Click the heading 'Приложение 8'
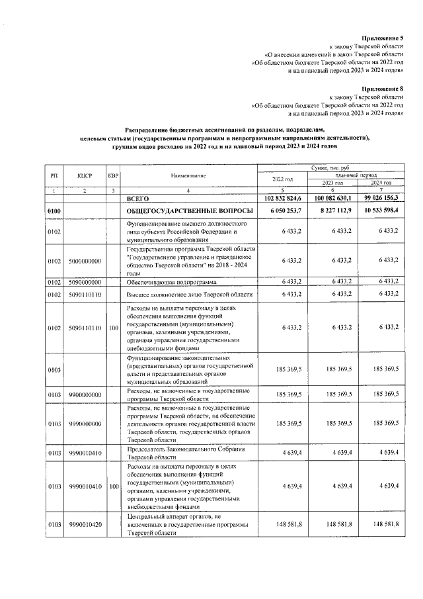pyautogui.click(x=383, y=88)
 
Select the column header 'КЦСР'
pyautogui.click(x=84, y=175)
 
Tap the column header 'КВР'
pyautogui.click(x=113, y=175)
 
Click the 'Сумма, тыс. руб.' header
pyautogui.click(x=331, y=169)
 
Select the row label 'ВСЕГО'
pyautogui.click(x=139, y=199)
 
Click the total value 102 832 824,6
pyautogui.click(x=282, y=199)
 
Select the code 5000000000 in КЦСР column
pyautogui.click(x=84, y=261)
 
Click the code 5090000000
pyautogui.click(x=84, y=281)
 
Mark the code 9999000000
pyautogui.click(x=84, y=424)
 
